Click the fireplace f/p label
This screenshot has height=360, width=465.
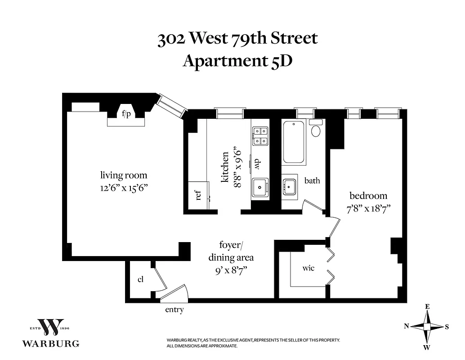click(x=126, y=114)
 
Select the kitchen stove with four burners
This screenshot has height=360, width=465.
click(x=260, y=136)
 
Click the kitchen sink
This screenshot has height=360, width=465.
click(x=259, y=187)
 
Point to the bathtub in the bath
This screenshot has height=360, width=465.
click(x=295, y=142)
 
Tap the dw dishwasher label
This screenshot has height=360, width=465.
click(x=258, y=163)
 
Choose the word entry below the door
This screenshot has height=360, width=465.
click(x=174, y=310)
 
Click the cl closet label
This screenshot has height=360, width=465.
click(x=140, y=279)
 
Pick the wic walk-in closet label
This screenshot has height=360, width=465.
click(x=308, y=268)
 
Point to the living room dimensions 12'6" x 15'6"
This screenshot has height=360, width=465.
click(x=123, y=187)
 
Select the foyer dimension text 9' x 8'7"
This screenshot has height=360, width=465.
click(x=230, y=270)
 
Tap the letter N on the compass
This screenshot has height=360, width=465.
click(x=406, y=327)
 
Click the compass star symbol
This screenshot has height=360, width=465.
click(x=427, y=327)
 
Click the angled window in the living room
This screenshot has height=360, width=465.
click(x=171, y=106)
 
